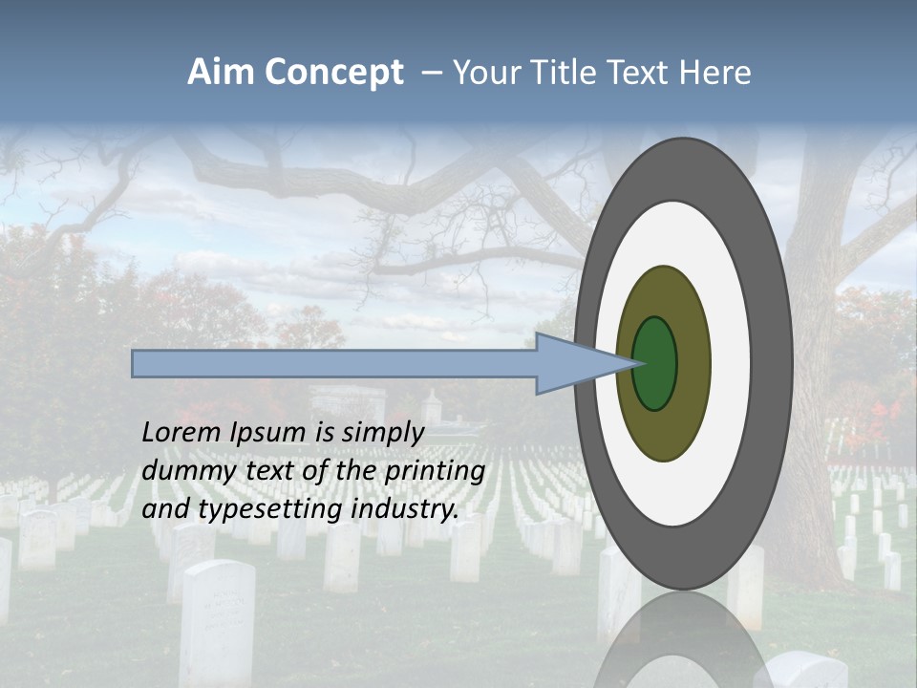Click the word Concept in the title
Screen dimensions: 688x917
[x=333, y=73]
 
